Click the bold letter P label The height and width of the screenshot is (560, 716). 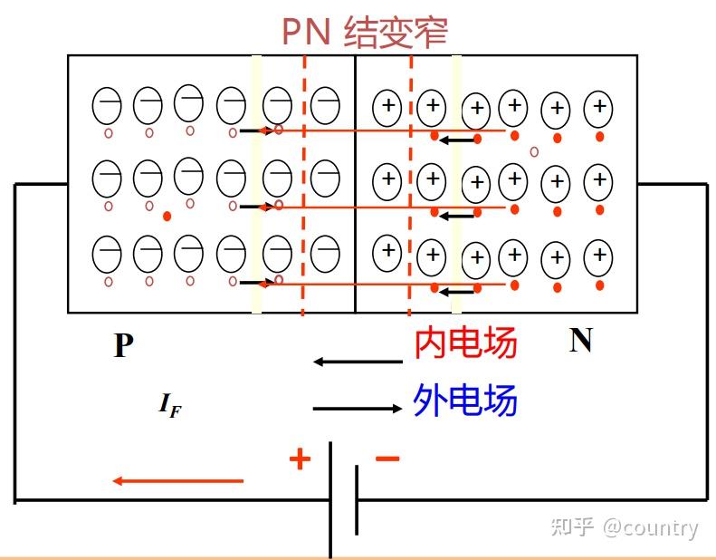point(123,345)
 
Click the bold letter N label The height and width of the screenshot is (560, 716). point(580,340)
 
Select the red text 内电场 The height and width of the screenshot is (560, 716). point(465,343)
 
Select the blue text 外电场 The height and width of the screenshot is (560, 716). point(465,400)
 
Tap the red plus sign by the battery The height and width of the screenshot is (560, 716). point(300,459)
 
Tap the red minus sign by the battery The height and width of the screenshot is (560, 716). point(387,459)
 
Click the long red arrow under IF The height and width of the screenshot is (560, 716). point(177,481)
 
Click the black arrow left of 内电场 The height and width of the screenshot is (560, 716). point(358,362)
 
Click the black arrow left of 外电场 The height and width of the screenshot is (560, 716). point(358,409)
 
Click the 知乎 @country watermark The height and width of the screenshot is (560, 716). point(625,527)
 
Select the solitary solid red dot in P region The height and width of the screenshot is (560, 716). point(167,217)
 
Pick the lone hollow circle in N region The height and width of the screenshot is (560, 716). point(534,151)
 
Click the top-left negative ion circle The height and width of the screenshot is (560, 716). point(107,106)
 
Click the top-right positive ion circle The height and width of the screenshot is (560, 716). point(598,109)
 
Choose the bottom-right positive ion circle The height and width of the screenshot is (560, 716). point(598,256)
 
